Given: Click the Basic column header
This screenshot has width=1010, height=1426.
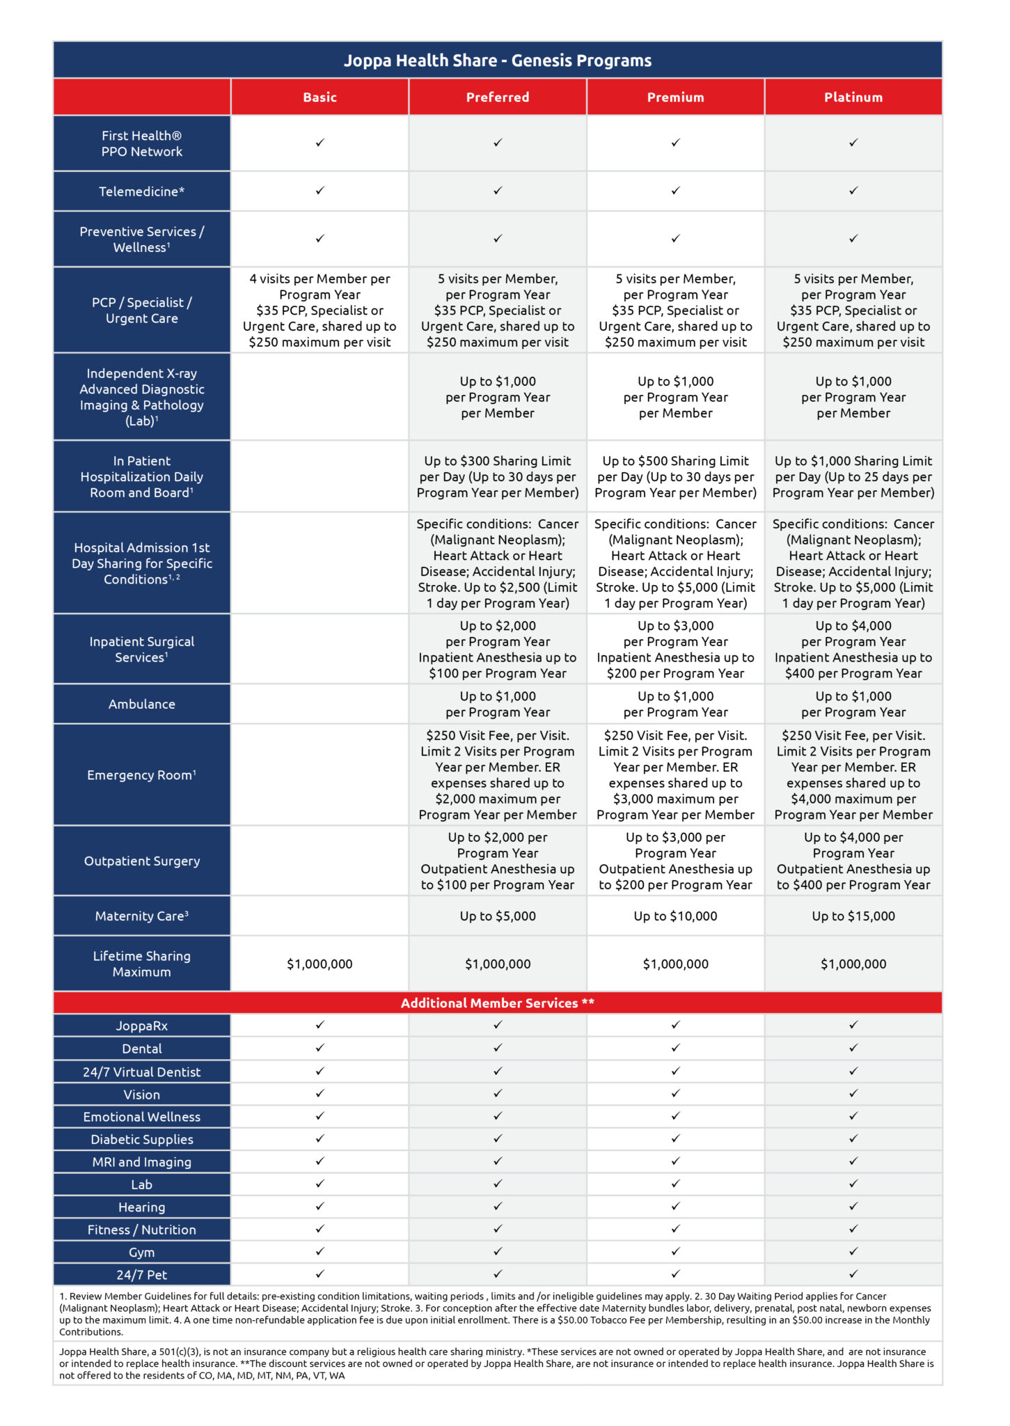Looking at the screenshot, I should point(319,97).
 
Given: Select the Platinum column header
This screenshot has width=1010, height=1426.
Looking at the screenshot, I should point(853,97).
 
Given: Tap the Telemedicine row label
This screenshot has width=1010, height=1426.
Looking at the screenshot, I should point(142,191).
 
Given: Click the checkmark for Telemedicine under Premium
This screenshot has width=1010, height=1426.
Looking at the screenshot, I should point(675,191).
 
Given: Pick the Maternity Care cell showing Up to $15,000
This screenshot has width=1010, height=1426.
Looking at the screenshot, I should point(853,916).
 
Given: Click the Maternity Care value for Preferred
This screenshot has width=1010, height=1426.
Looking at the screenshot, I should point(498,916).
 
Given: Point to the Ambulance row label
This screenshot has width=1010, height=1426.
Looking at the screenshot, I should point(142,704).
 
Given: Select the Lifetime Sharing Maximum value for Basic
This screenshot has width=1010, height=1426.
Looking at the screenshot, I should point(319,964).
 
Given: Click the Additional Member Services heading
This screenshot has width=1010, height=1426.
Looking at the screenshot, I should point(498,1003).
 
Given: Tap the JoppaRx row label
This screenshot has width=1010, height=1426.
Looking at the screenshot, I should point(142,1026).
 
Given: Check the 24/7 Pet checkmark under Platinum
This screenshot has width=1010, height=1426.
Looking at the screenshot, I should point(853,1274).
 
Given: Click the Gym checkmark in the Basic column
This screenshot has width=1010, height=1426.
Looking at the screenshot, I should point(319,1251).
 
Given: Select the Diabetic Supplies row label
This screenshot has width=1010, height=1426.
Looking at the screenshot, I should point(142,1139).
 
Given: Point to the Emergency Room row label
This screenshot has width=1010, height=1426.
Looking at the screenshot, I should point(142,775).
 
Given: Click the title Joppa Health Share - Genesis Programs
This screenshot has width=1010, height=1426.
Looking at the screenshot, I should point(498,61).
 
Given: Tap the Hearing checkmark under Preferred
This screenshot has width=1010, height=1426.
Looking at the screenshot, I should point(498,1206).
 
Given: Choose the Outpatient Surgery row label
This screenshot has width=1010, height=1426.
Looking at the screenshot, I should point(142,861).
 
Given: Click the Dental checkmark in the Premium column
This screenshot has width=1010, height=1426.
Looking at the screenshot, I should point(675,1048).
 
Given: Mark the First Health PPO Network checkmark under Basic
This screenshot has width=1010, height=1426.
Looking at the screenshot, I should point(319,143).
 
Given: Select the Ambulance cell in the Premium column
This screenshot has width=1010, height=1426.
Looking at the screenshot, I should point(675,704).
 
